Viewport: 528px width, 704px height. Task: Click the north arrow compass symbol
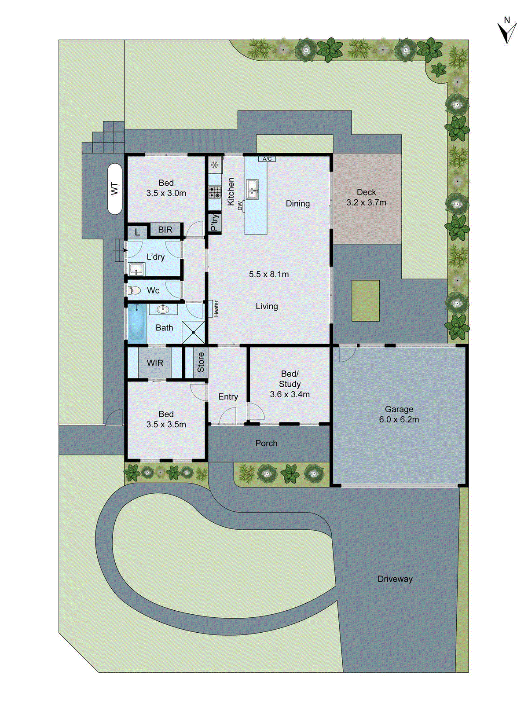click(507, 31)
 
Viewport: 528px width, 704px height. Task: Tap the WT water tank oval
click(115, 189)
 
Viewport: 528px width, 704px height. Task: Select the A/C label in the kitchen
click(267, 159)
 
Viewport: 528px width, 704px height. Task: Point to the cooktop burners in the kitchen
click(215, 192)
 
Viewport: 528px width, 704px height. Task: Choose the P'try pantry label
click(214, 223)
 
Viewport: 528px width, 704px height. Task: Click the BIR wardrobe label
click(165, 230)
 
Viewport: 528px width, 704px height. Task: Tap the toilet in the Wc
click(133, 290)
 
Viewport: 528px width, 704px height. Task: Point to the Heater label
click(216, 308)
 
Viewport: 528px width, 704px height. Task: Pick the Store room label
click(201, 362)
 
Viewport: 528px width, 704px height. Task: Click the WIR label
click(155, 363)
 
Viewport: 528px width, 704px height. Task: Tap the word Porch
click(266, 443)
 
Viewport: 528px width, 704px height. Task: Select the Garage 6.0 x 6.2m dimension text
click(399, 420)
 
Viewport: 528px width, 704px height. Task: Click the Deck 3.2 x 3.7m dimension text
click(366, 202)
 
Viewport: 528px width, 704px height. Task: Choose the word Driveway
click(395, 579)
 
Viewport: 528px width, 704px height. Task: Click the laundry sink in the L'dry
click(137, 268)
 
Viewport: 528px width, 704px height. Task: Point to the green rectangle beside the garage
click(366, 301)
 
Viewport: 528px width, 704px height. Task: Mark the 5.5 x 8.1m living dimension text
click(269, 274)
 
